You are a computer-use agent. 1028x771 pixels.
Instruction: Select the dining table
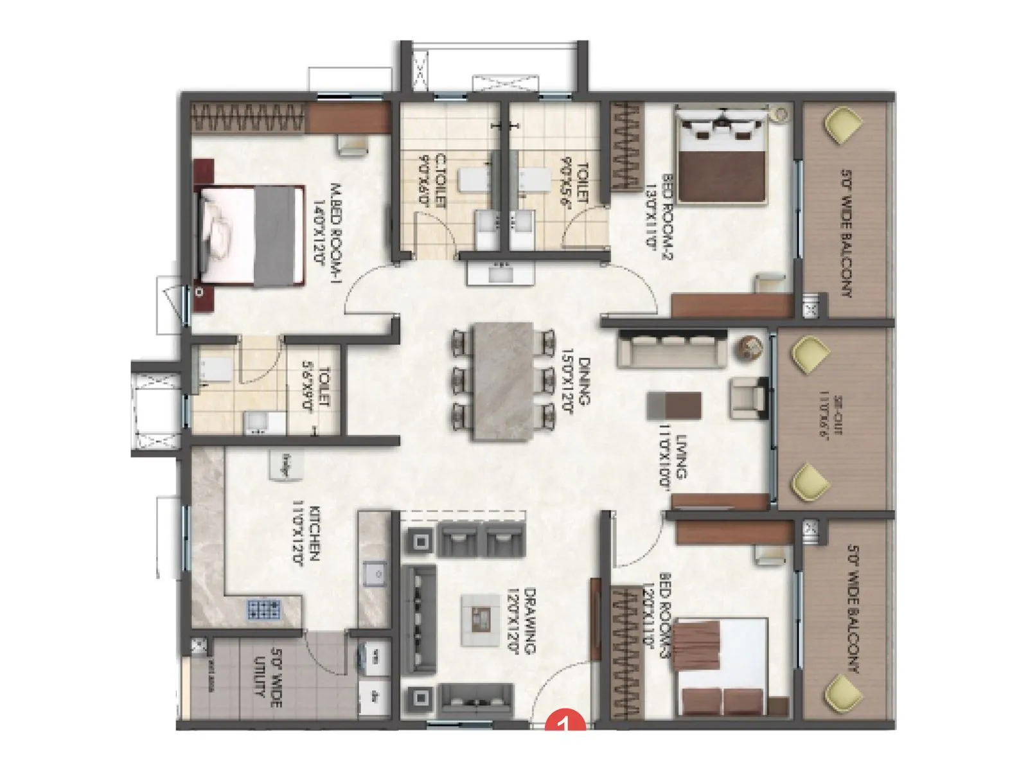(x=502, y=380)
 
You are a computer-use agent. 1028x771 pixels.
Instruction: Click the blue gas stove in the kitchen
(x=264, y=609)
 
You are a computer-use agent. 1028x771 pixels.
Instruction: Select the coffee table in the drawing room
(x=480, y=619)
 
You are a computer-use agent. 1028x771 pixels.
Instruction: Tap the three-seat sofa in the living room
(x=672, y=349)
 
